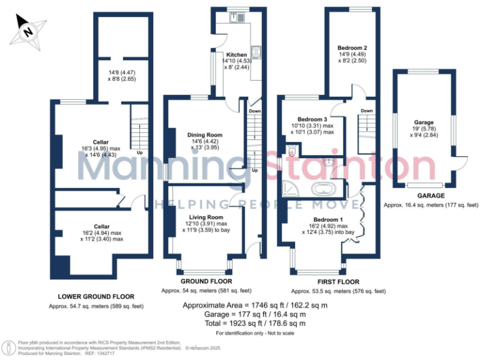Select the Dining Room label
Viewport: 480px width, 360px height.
[204, 135]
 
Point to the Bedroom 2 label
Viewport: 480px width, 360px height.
[352, 47]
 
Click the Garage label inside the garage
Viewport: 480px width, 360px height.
[424, 122]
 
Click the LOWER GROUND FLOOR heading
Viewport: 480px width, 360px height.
[96, 296]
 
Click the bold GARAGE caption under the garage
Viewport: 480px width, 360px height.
[424, 195]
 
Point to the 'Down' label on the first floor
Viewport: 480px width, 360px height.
[367, 111]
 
